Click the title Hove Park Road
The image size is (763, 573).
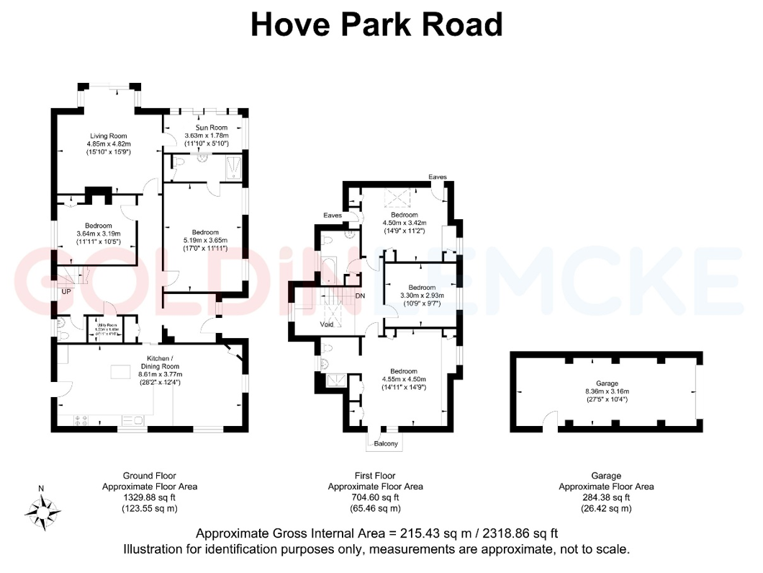click(376, 25)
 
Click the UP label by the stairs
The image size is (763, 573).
click(66, 292)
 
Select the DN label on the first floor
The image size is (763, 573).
click(361, 296)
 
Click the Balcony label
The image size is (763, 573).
click(386, 443)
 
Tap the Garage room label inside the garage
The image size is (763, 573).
click(606, 383)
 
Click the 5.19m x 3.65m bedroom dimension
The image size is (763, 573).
click(205, 241)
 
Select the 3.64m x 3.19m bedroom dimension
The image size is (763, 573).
click(98, 234)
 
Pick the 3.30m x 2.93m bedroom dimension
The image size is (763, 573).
click(423, 296)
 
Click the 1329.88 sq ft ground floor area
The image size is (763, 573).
click(149, 497)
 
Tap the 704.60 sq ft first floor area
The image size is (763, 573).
click(375, 497)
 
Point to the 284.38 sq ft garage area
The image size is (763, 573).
click(606, 497)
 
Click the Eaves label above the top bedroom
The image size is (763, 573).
click(438, 177)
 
